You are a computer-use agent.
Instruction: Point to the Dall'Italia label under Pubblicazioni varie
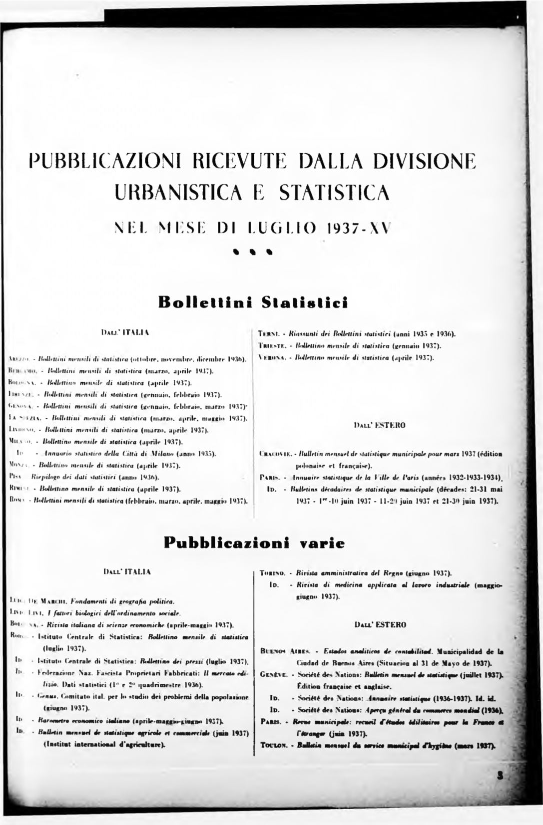click(127, 570)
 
